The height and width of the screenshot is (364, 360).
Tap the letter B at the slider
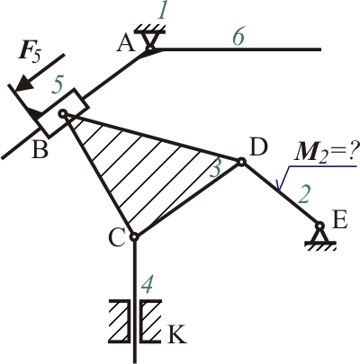coord(40,149)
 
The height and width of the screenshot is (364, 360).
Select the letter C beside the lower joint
coord(116,238)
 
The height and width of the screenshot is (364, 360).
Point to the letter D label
coord(258,148)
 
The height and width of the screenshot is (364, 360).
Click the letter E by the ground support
coord(340,220)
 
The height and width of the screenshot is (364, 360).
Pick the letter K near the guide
coord(177,334)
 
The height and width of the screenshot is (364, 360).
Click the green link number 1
coord(162,12)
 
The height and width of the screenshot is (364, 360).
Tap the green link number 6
coord(238,38)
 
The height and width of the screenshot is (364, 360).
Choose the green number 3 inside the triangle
coord(215,169)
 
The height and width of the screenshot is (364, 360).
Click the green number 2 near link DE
coord(304,195)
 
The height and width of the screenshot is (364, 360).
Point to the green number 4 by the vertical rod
coord(148,286)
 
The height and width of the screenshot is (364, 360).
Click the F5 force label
coord(29,53)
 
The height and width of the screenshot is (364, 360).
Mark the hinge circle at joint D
coord(241,162)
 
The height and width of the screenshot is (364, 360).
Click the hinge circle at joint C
coord(134,236)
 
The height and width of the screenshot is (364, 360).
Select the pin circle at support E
coord(319,225)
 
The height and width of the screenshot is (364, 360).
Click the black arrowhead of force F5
coord(23,84)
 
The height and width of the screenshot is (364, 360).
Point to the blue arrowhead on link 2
coord(279,185)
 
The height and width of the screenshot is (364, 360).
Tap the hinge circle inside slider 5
coord(62,113)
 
